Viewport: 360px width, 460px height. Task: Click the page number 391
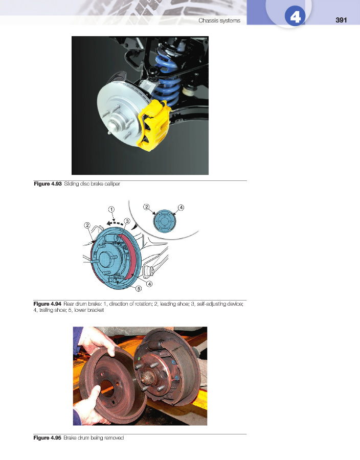tap(341, 20)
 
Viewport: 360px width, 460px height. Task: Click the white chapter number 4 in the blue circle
tap(295, 17)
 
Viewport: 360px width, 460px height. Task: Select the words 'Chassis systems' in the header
tap(219, 20)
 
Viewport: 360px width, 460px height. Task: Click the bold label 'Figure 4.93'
tap(48, 184)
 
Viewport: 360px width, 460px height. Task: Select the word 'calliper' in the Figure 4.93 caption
tap(112, 184)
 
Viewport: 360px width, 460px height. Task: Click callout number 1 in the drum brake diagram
tap(111, 210)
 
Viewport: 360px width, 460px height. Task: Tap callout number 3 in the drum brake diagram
tap(127, 221)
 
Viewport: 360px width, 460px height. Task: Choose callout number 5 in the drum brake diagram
tap(139, 288)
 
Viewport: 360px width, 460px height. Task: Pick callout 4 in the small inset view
tap(181, 208)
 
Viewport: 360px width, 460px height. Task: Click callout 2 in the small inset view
tap(146, 207)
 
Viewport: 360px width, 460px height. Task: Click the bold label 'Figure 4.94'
tap(47, 304)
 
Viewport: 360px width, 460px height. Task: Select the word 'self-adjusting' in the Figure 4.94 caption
tap(210, 304)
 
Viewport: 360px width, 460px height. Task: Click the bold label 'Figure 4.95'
tap(47, 438)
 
